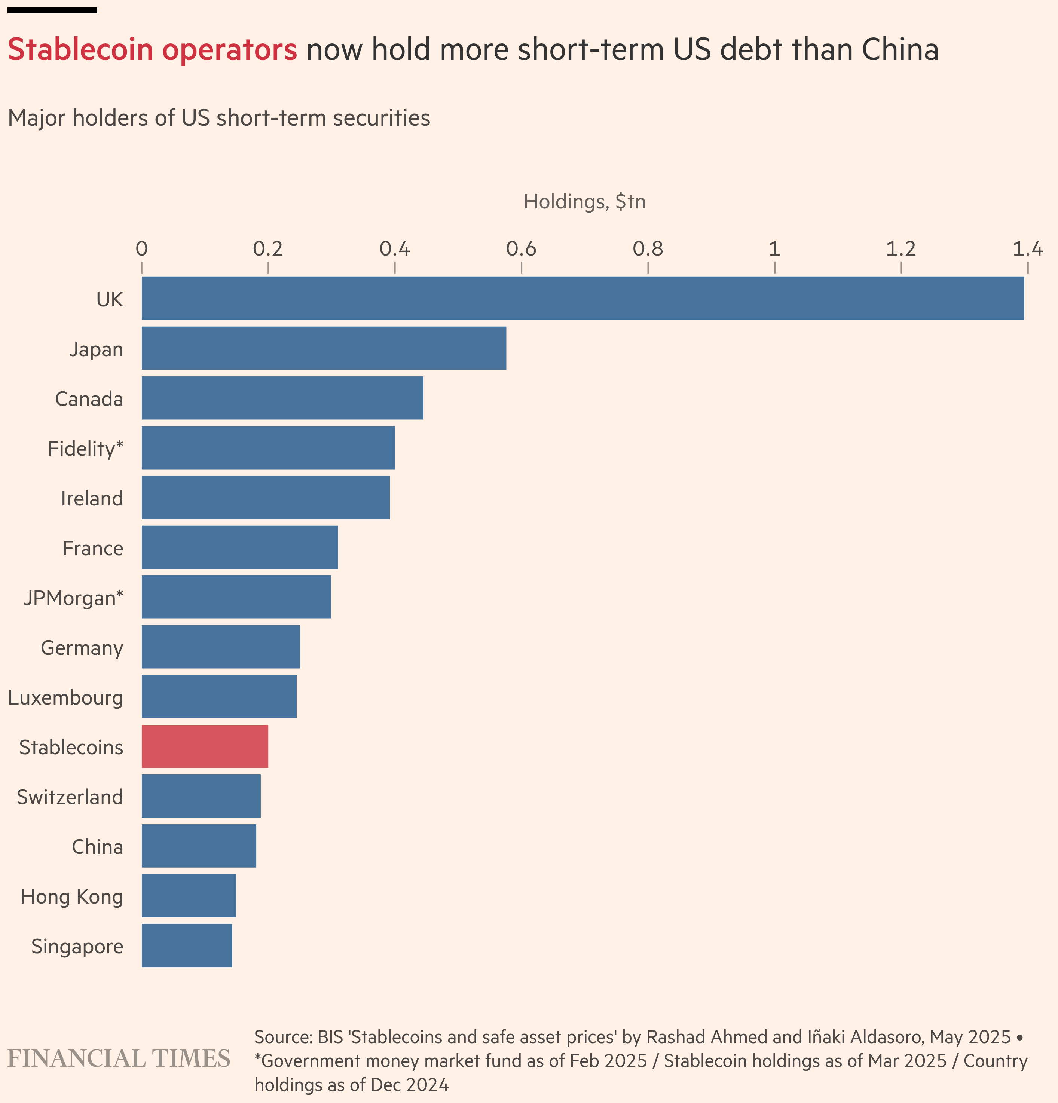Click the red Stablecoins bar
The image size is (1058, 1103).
205,746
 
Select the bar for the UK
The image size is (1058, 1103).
582,298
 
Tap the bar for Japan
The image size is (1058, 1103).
324,348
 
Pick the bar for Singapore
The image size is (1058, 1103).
187,945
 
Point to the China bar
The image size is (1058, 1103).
199,846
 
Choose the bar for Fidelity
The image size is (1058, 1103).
268,447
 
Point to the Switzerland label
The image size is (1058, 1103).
70,797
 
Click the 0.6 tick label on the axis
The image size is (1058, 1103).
521,248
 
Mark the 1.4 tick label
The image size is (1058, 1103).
1028,248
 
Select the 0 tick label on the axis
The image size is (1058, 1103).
142,248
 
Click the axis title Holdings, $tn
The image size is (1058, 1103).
584,201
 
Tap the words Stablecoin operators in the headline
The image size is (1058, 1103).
152,49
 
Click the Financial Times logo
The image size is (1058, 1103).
119,1058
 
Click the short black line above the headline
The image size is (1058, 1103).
52,10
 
